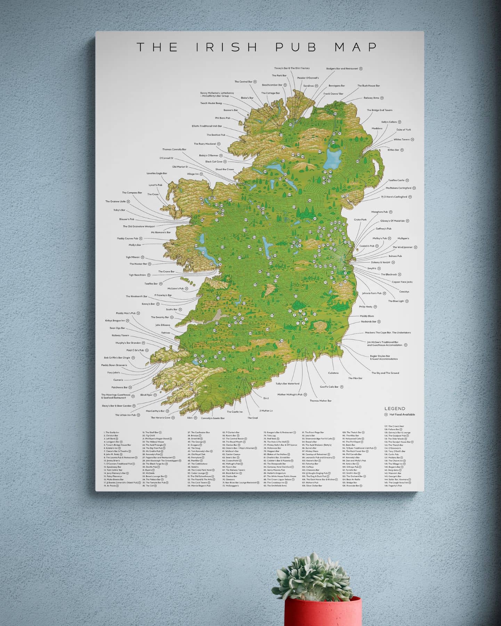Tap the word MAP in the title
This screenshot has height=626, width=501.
click(356, 47)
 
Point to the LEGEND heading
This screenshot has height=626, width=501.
click(395, 409)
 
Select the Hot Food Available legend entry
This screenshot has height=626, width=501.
click(402, 415)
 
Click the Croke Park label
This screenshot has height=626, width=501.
click(360, 220)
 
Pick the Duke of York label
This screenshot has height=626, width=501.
click(403, 130)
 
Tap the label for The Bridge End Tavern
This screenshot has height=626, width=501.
click(379, 110)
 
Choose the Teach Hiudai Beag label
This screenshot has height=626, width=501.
click(211, 103)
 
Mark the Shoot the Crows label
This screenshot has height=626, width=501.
click(225, 169)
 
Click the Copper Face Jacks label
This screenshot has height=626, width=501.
click(402, 282)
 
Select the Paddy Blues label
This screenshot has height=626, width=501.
click(367, 316)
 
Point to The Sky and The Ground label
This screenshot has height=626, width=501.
click(385, 373)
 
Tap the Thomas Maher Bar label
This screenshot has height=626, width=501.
click(321, 401)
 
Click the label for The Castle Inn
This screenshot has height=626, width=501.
click(235, 412)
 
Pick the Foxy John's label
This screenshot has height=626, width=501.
click(114, 373)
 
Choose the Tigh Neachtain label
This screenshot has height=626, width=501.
click(137, 275)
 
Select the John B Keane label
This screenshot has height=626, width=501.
click(163, 325)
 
